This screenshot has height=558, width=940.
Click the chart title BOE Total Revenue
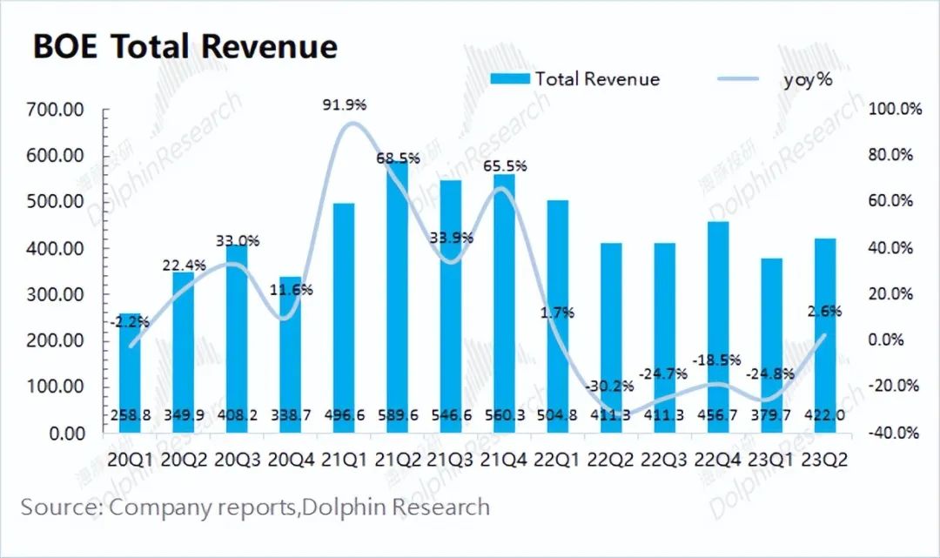185,46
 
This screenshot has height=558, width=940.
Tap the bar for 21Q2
396,296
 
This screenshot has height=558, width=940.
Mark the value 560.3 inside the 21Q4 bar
504,415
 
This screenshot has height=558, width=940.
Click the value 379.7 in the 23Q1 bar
769,415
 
